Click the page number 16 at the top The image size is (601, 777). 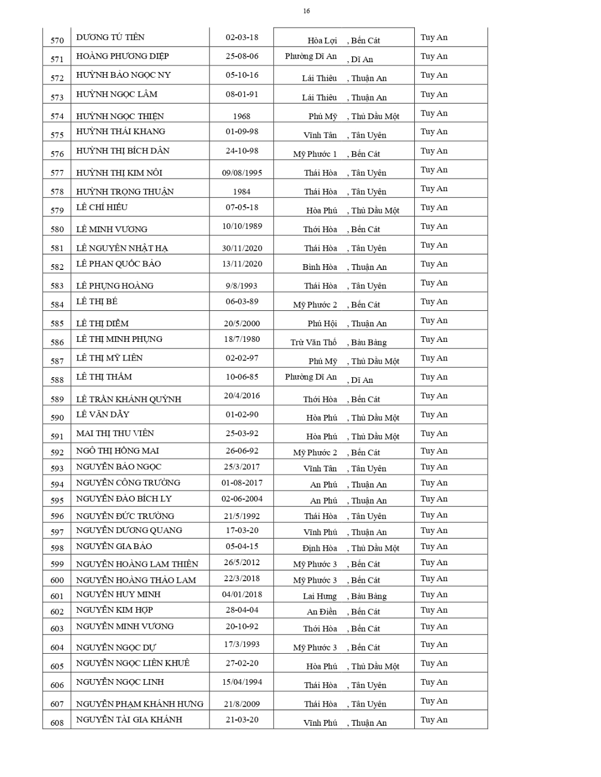306,11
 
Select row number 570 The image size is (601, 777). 57,40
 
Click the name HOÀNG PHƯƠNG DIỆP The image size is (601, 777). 122,56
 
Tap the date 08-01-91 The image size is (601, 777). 242,94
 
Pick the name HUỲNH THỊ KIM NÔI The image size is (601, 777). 119,172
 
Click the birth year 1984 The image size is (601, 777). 242,192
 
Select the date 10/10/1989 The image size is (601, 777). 242,226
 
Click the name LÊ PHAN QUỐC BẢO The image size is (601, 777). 118,264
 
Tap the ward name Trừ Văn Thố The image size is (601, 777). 313,342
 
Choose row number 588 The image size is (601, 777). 57,380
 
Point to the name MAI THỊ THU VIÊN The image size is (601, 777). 115,433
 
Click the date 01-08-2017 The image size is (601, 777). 242,483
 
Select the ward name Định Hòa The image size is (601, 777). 319,548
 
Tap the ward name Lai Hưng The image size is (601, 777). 319,596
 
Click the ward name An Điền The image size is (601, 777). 322,612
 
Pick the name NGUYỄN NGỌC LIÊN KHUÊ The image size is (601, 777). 133,663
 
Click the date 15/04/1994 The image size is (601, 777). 242,682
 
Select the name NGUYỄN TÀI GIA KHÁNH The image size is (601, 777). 129,720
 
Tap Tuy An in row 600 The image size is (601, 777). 434,579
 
